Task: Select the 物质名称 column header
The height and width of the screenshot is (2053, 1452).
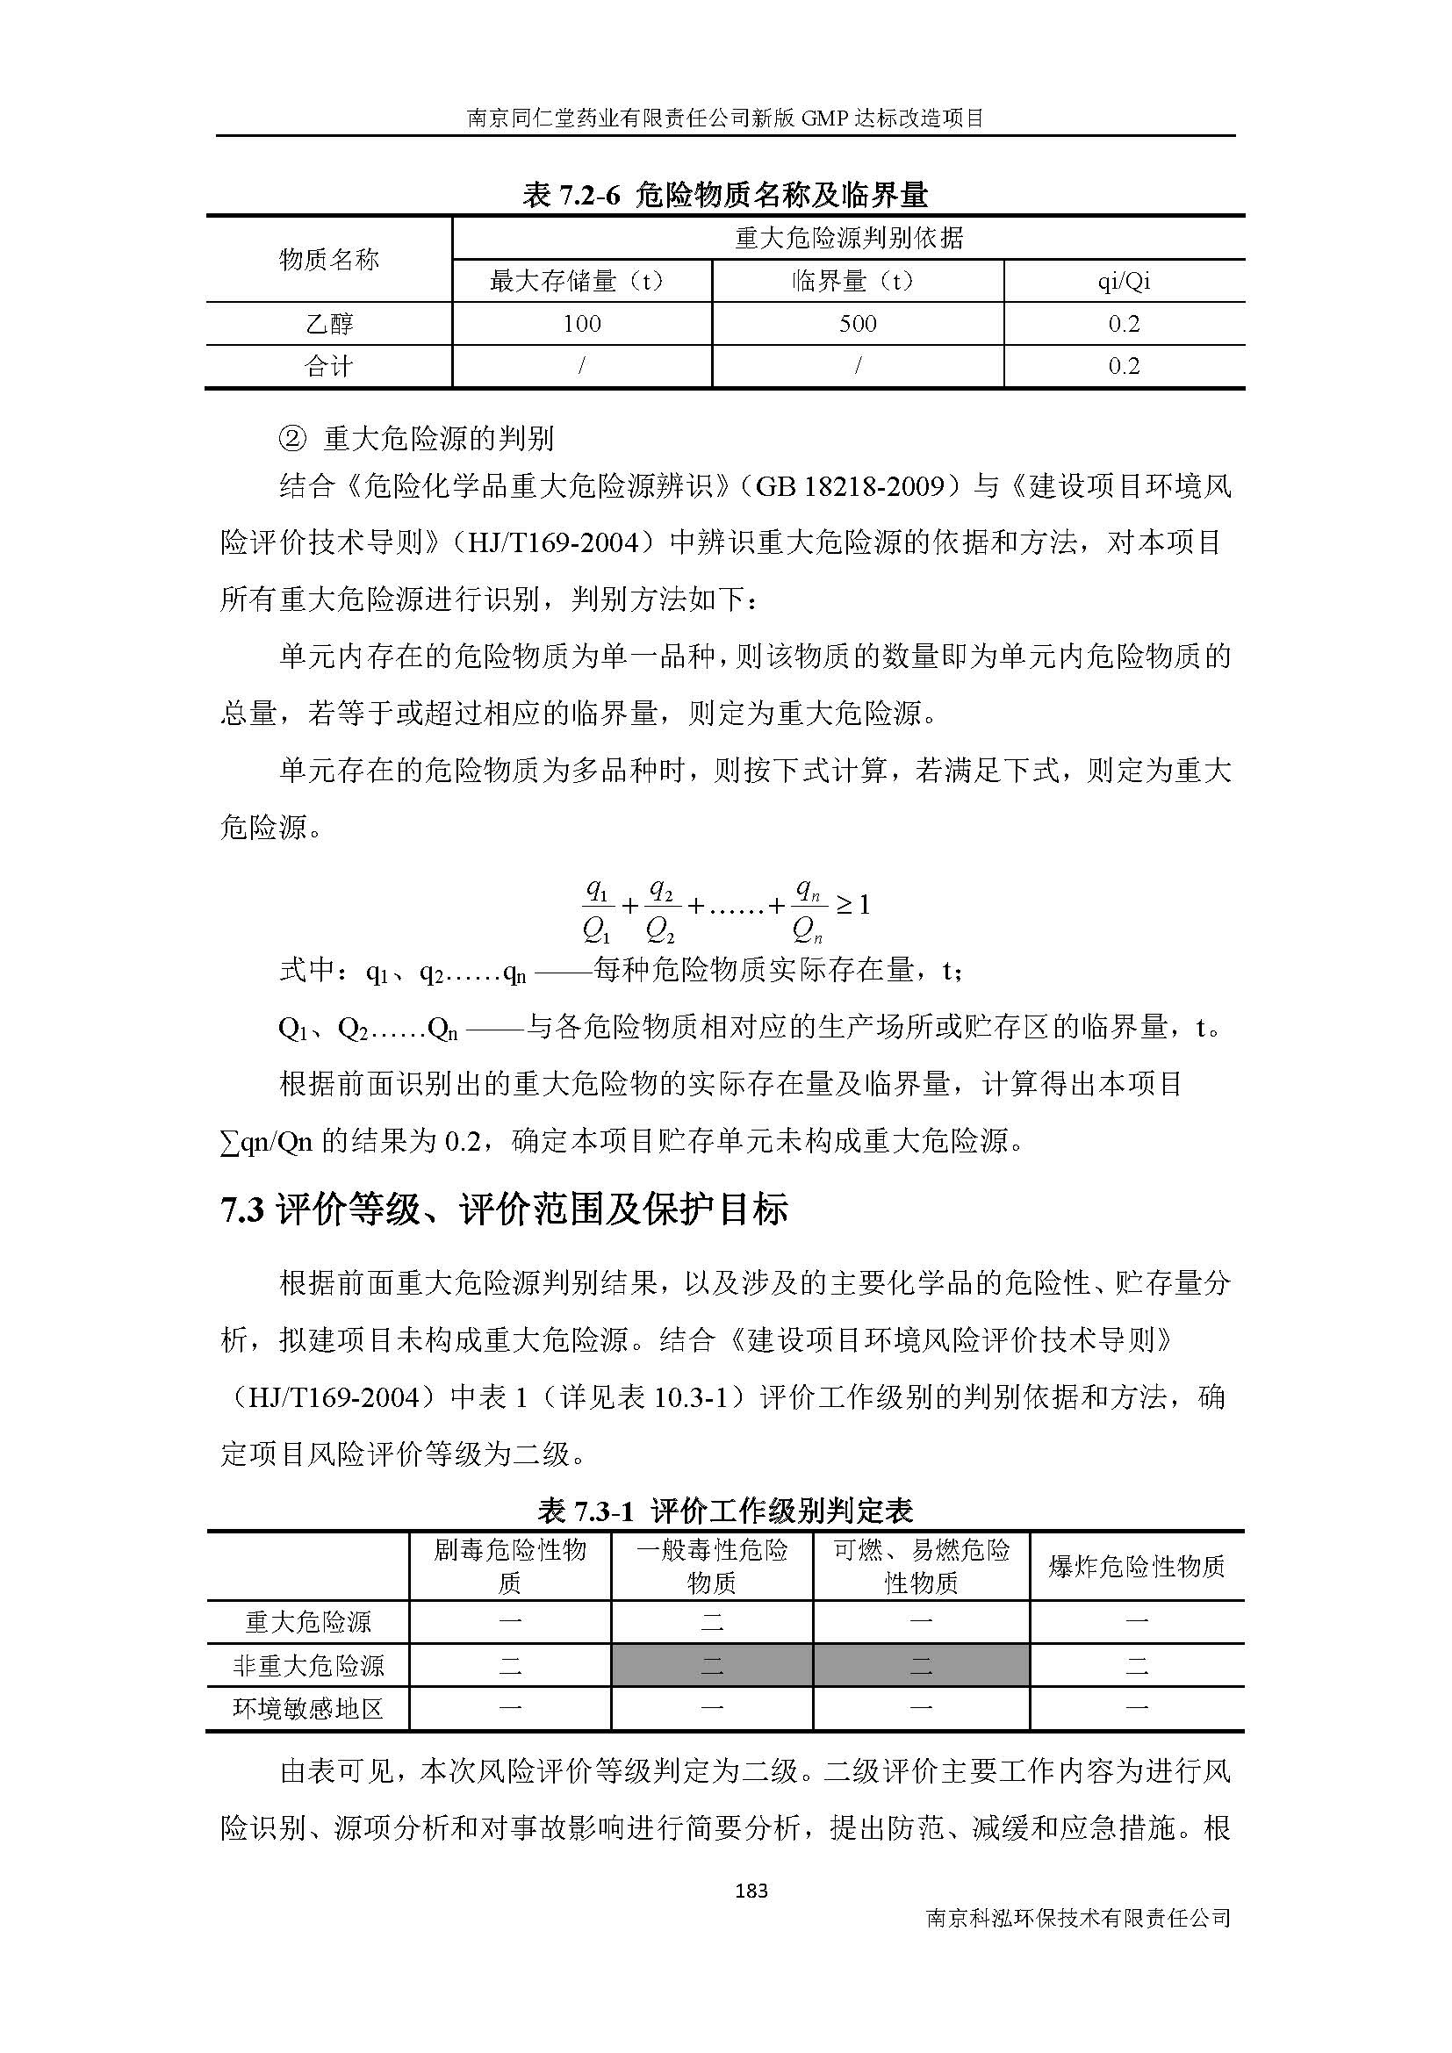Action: pyautogui.click(x=329, y=259)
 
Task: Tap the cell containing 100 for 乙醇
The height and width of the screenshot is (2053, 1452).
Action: pyautogui.click(x=582, y=324)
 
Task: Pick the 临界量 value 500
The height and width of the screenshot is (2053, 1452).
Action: pyautogui.click(x=858, y=324)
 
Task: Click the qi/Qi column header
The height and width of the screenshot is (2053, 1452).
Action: pyautogui.click(x=1124, y=282)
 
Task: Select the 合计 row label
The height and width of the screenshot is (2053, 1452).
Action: pyautogui.click(x=329, y=367)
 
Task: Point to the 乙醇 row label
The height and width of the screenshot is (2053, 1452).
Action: pyautogui.click(x=329, y=324)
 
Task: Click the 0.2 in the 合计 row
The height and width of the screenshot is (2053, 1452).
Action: pyautogui.click(x=1124, y=367)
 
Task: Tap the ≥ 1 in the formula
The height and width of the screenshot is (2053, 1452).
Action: pyautogui.click(x=853, y=905)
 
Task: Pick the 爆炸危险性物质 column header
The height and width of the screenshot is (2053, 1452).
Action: pyautogui.click(x=1136, y=1566)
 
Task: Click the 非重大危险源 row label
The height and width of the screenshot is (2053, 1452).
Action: pyautogui.click(x=308, y=1665)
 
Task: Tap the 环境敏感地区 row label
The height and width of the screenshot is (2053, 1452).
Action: pyautogui.click(x=308, y=1709)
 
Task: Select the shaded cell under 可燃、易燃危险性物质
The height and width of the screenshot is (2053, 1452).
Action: pyautogui.click(x=921, y=1665)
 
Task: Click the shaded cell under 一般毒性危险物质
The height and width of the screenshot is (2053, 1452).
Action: pyautogui.click(x=712, y=1665)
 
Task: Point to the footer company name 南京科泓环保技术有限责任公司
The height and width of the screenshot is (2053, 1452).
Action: pyautogui.click(x=1079, y=1918)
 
